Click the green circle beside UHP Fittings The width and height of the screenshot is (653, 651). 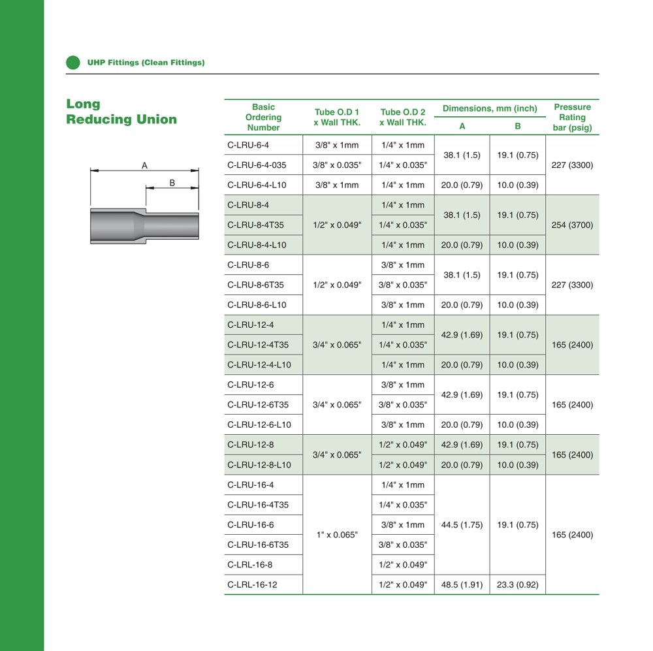pyautogui.click(x=72, y=63)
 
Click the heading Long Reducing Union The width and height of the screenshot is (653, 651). pyautogui.click(x=121, y=112)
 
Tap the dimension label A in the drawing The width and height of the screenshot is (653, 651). pyautogui.click(x=144, y=165)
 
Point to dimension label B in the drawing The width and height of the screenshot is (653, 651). pyautogui.click(x=172, y=183)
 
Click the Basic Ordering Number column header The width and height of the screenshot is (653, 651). pyautogui.click(x=263, y=118)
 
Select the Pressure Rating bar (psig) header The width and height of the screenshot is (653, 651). pyautogui.click(x=572, y=118)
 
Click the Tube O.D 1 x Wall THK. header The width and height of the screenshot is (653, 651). pyautogui.click(x=337, y=118)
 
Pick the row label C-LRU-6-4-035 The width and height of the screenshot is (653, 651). pyautogui.click(x=257, y=165)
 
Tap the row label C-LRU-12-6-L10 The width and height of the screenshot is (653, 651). pyautogui.click(x=259, y=425)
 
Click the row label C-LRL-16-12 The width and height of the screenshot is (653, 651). pyautogui.click(x=252, y=585)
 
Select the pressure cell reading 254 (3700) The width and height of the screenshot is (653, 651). pyautogui.click(x=572, y=225)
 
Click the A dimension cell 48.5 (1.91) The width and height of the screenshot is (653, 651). pyautogui.click(x=462, y=585)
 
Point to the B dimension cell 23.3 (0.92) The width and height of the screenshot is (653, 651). pyautogui.click(x=517, y=585)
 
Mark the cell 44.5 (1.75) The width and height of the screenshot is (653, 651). pyautogui.click(x=462, y=525)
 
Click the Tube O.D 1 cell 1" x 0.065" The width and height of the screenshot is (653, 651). pyautogui.click(x=337, y=535)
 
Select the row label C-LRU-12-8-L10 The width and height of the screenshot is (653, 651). pyautogui.click(x=259, y=465)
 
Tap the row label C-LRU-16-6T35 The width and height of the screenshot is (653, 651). pyautogui.click(x=258, y=545)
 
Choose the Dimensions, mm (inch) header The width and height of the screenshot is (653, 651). pyautogui.click(x=490, y=108)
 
